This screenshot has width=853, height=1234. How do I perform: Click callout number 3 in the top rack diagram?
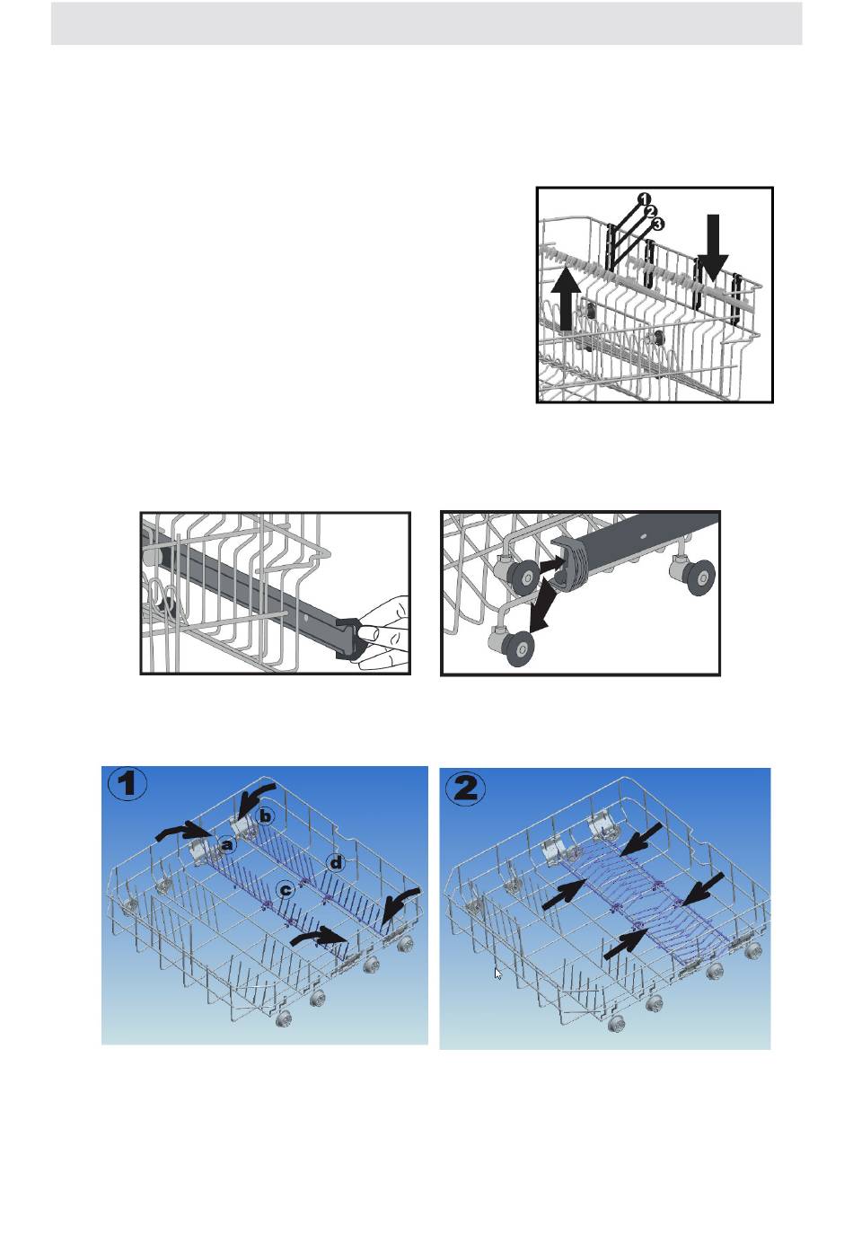[x=657, y=225]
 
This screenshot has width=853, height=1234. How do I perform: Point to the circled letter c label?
[x=285, y=889]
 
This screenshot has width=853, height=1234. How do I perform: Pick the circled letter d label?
[x=335, y=863]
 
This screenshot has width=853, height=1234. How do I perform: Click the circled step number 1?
[x=128, y=784]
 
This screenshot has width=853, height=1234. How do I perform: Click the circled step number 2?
[x=466, y=789]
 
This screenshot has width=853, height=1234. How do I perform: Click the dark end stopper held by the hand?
[x=348, y=638]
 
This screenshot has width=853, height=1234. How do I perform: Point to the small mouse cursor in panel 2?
[x=497, y=974]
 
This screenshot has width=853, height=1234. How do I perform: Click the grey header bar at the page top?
[x=426, y=23]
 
